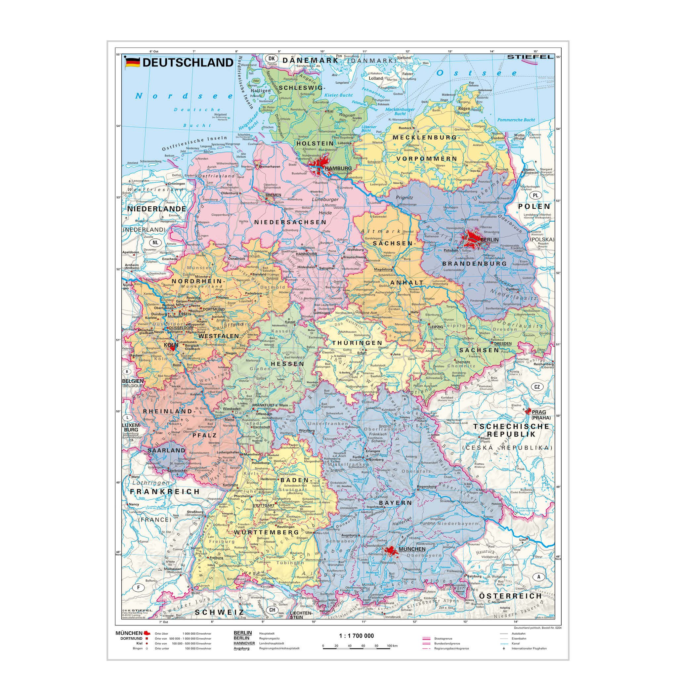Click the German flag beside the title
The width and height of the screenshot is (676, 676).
click(x=132, y=62)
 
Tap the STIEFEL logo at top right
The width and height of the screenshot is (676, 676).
click(x=530, y=57)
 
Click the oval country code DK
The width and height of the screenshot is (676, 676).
click(x=271, y=58)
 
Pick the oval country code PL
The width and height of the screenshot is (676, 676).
click(x=536, y=195)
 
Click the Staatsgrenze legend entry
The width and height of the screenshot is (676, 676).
click(x=440, y=639)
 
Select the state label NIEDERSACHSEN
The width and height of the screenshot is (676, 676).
click(x=290, y=222)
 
